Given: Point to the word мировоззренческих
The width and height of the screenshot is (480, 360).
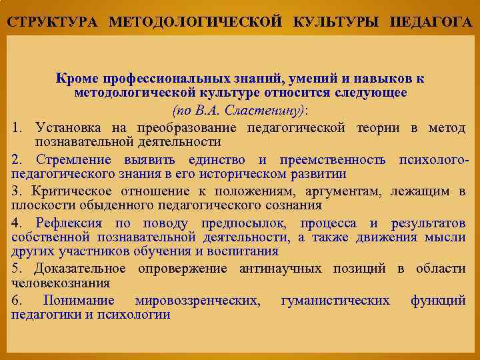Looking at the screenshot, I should tap(197, 301).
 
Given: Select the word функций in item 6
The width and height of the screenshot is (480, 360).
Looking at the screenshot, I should tap(438, 301).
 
